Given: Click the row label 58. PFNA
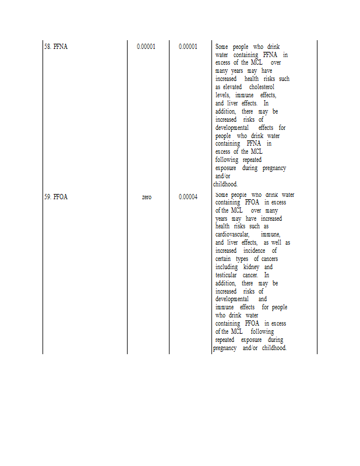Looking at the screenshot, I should tap(56, 47).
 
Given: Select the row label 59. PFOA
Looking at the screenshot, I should tap(56, 197).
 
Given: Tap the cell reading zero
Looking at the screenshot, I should tap(147, 197).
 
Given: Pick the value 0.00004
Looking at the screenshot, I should tap(188, 197).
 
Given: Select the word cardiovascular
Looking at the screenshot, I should tap(232, 234).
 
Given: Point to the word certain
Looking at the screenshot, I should tap(224, 259).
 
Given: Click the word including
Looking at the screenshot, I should tap(227, 267).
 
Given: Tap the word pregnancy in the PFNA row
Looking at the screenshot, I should tap(274, 168).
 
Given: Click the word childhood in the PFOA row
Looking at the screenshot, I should tap(274, 348).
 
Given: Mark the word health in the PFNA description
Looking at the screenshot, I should tap(252, 79).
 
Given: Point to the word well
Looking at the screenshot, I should tap(277, 242).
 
